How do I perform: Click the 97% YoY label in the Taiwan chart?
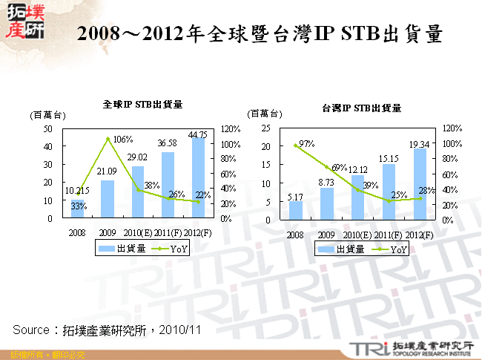point(306,143)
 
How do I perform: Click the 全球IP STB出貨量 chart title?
point(142,105)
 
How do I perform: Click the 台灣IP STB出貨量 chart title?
point(361,108)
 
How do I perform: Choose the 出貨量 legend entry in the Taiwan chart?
point(342,249)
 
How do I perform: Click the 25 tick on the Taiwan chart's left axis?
point(266,128)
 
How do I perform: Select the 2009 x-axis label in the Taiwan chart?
point(327,235)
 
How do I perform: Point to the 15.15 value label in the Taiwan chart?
point(389,157)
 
